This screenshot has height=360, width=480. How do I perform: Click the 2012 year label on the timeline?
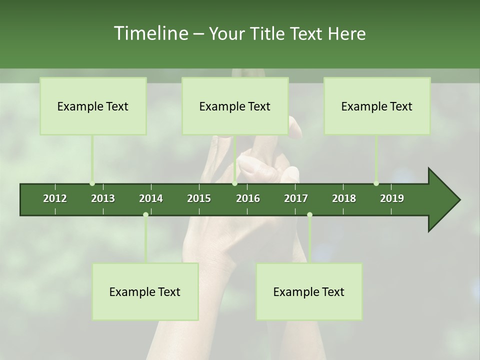click(55, 198)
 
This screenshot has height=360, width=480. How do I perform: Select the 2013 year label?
click(103, 198)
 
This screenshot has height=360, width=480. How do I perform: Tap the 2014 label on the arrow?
click(151, 198)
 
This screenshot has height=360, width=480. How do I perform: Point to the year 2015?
click(199, 198)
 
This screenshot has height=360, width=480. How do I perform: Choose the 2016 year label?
click(248, 198)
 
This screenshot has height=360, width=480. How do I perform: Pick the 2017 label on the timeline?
click(296, 198)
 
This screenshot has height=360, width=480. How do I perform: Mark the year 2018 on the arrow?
click(344, 198)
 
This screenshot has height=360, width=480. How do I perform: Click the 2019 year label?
click(392, 198)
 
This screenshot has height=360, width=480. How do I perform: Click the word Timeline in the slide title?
click(150, 33)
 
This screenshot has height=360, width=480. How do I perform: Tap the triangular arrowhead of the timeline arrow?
click(443, 200)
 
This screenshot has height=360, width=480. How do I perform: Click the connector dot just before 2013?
click(92, 183)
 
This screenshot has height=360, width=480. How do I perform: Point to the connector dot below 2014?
click(145, 215)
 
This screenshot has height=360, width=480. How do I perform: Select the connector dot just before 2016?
click(234, 183)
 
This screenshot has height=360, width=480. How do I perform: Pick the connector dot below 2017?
click(309, 215)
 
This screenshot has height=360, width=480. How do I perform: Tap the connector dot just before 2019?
click(376, 183)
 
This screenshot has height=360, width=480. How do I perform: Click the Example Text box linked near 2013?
click(93, 106)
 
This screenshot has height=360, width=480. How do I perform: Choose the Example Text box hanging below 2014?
click(145, 291)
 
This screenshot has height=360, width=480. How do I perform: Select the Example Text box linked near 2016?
click(235, 106)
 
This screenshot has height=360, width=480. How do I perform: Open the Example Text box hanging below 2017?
click(309, 291)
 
